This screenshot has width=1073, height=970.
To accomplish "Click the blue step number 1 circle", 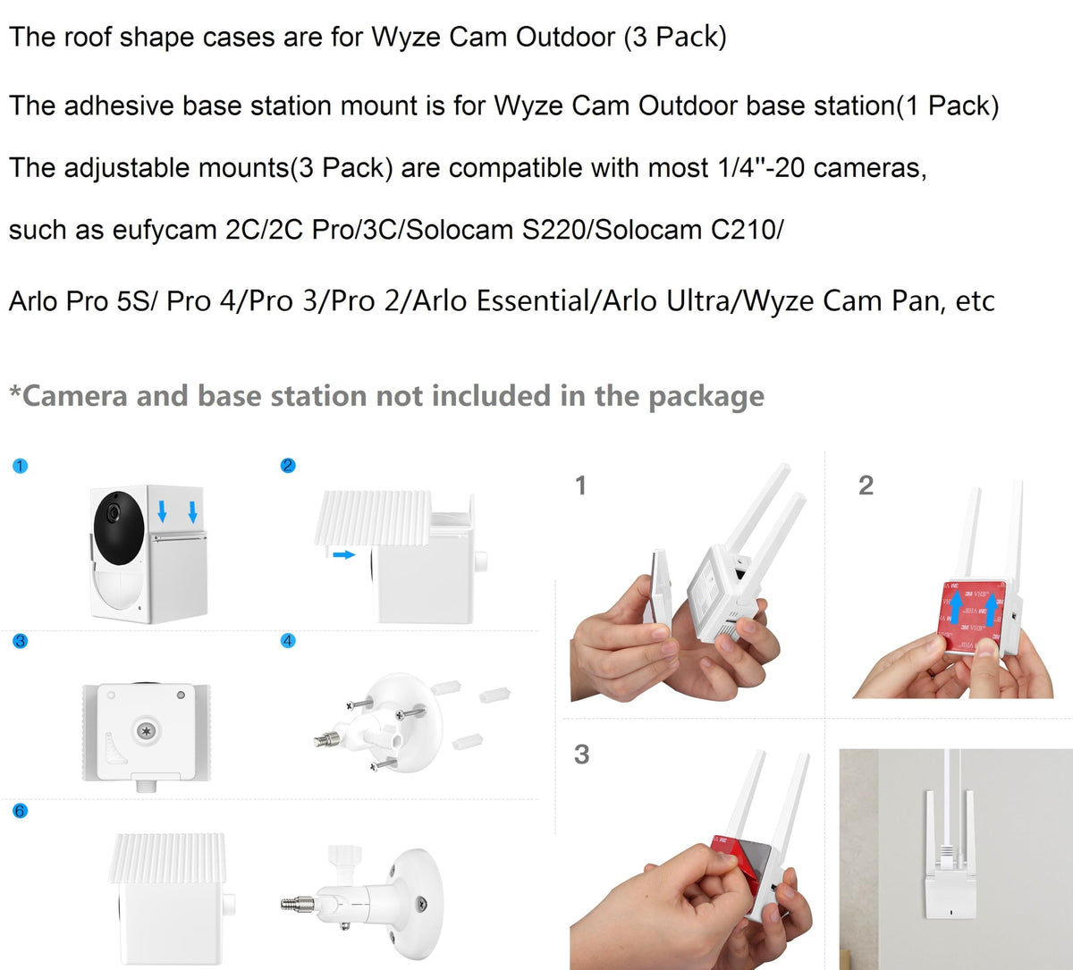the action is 20,466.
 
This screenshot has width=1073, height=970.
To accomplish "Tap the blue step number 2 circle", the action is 288,466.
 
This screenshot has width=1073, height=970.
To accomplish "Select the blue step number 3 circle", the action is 20,641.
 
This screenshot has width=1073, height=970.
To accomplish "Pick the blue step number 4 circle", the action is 288,640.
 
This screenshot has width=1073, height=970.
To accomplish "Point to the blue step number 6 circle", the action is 20,811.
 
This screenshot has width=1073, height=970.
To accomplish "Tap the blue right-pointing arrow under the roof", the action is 344,555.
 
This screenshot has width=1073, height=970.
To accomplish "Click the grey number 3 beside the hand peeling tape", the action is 581,755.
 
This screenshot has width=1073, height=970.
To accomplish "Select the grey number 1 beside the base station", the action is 581,485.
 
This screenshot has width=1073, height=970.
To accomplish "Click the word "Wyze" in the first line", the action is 406,38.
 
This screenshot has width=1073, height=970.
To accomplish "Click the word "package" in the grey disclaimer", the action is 706,397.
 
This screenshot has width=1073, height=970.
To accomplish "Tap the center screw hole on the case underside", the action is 146,730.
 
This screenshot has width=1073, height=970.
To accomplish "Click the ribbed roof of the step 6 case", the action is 167,858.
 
